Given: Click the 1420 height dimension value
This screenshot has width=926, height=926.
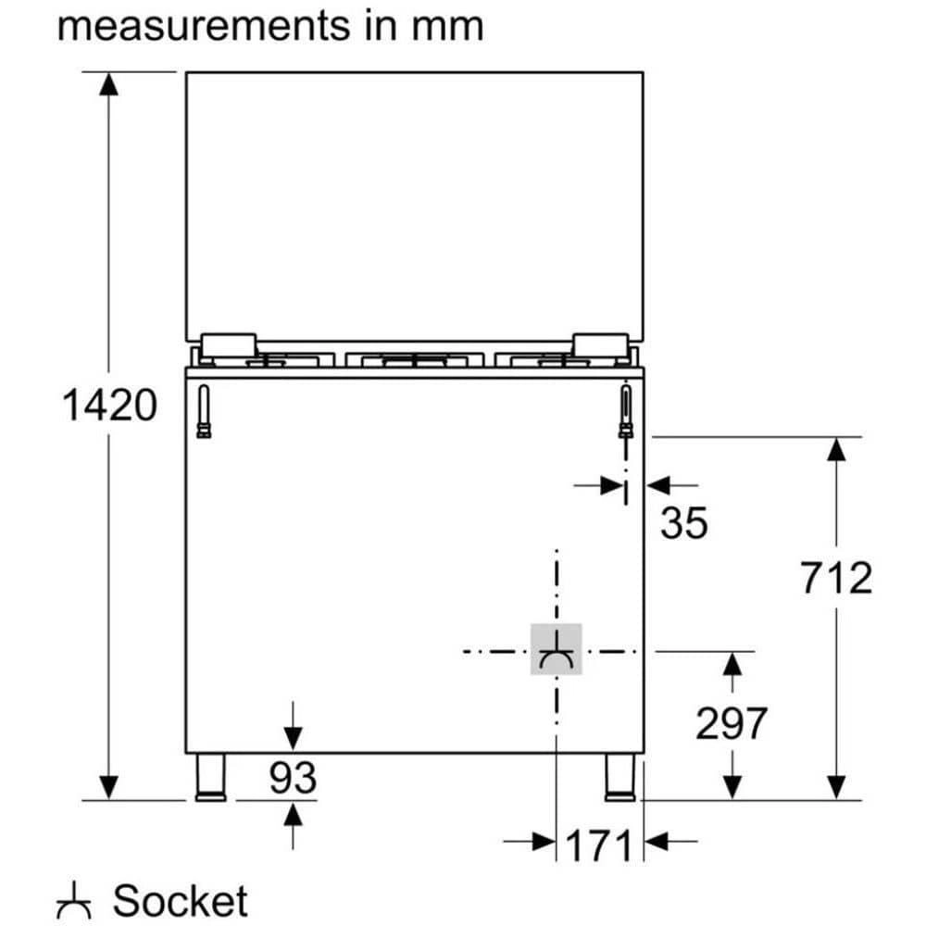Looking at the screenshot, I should click(x=109, y=406).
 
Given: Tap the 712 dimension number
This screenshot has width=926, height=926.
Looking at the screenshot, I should click(x=836, y=578).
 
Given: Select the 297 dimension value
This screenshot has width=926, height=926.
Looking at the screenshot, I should click(x=732, y=723).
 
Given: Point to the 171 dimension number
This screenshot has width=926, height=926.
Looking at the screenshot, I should click(x=592, y=845).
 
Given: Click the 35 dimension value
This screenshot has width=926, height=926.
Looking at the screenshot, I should click(x=683, y=524).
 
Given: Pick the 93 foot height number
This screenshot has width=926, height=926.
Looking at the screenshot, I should click(x=293, y=778).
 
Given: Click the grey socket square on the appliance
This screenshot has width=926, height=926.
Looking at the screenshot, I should click(x=556, y=649).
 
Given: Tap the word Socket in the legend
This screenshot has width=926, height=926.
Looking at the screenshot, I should click(x=181, y=900).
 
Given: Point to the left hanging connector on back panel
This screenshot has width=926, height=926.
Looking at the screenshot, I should click(x=204, y=412).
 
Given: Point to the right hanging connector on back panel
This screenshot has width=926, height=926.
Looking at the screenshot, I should click(x=627, y=412).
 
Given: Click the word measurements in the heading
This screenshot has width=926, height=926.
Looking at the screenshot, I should click(x=195, y=25).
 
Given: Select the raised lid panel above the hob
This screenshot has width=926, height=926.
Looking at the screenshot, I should click(x=414, y=204).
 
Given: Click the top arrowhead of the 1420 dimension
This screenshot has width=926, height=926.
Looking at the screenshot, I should click(x=109, y=82).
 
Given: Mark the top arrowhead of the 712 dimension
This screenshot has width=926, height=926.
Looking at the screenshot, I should click(x=836, y=448).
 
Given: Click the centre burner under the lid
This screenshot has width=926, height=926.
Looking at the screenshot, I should click(x=415, y=358).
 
